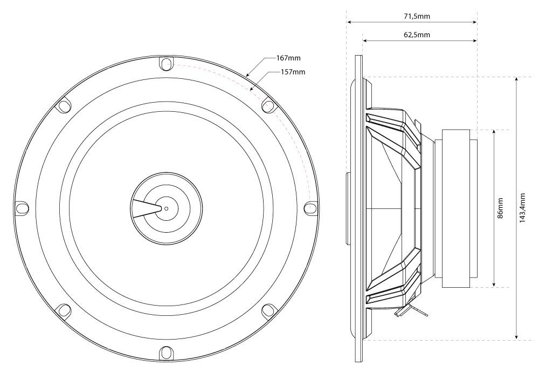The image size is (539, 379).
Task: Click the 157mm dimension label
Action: pos(293,72)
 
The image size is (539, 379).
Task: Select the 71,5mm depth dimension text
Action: pos(417,17)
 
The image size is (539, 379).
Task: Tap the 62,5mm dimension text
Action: pos(417,35)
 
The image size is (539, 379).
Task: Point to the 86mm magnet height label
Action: pos(500,208)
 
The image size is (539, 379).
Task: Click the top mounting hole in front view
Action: pos(165,64)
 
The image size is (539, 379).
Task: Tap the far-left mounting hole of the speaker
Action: pos(22,208)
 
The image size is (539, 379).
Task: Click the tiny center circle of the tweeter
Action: pos(166,208)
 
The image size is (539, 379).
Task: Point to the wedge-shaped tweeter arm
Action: pos(144,208)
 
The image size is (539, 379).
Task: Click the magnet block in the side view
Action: pos(459,208)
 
